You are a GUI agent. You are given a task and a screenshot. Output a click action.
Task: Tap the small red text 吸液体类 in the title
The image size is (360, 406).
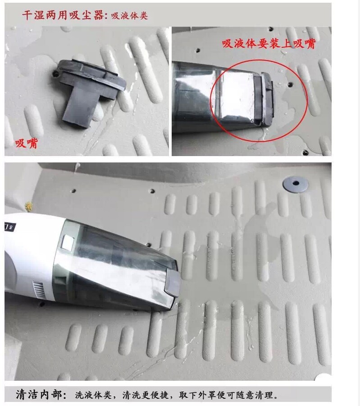coord(129,16)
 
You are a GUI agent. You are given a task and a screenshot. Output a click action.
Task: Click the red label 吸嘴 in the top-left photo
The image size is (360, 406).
coord(27,143)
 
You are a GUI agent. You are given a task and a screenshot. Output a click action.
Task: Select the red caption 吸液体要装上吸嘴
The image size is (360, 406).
coord(269,44)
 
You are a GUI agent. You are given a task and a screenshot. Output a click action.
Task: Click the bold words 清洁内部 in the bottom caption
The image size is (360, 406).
coord(39,394)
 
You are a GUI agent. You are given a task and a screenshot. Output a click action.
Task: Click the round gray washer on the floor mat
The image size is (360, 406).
coord(296,184)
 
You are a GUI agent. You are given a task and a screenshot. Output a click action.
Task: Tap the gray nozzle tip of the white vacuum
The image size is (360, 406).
coord(173,282)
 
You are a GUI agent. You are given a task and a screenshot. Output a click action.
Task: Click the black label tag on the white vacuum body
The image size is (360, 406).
coord(10,227)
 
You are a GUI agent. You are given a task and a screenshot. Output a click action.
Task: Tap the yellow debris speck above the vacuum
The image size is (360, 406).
coord(28,206)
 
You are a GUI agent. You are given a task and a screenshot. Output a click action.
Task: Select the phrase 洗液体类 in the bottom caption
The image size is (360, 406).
coord(93,395)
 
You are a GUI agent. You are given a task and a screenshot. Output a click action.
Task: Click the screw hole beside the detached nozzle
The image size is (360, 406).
coord(55,74)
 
